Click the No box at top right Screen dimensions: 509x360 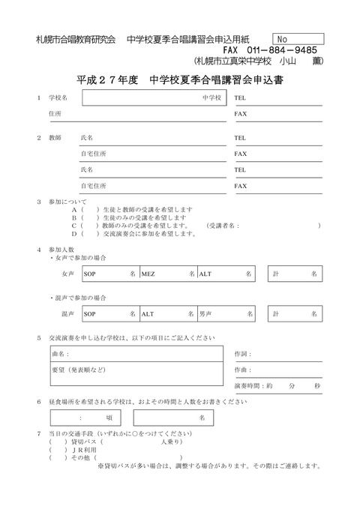pyautogui.click(x=298, y=38)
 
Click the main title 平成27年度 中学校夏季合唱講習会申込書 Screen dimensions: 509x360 pyautogui.click(x=180, y=79)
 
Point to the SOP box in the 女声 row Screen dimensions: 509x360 pyautogui.click(x=109, y=275)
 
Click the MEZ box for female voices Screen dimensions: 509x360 pyautogui.click(x=166, y=275)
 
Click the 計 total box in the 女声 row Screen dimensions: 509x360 pyautogui.click(x=296, y=275)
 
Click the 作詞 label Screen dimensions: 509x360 pyautogui.click(x=241, y=353)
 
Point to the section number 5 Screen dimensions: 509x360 pyautogui.click(x=39, y=337)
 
